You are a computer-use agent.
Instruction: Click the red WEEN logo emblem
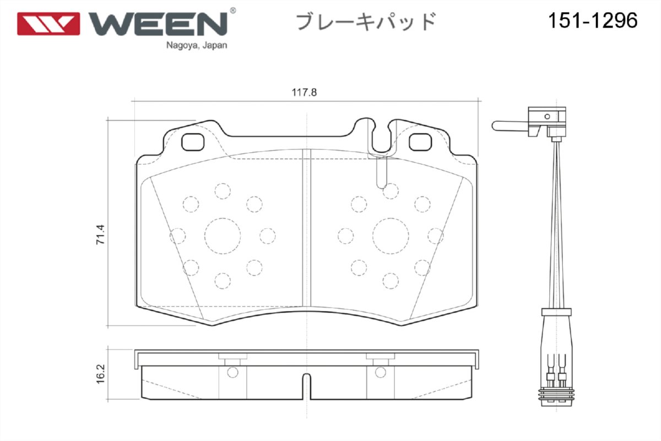[x=48, y=24]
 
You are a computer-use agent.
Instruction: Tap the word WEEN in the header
[x=158, y=23]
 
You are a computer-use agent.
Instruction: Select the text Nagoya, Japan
[x=196, y=46]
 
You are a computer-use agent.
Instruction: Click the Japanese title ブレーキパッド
[x=366, y=21]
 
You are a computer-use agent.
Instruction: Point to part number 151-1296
[x=592, y=21]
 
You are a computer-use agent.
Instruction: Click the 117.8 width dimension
[x=304, y=92]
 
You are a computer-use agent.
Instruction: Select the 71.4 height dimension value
[x=100, y=235]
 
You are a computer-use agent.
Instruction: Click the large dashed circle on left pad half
[x=223, y=236]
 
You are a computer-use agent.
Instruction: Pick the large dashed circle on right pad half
[x=391, y=236]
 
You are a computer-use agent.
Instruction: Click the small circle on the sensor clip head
[x=547, y=116]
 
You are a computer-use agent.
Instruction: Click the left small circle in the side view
[x=232, y=373]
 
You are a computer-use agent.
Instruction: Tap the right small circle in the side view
[x=380, y=373]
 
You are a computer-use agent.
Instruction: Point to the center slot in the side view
[x=306, y=386]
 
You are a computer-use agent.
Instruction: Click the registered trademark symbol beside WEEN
[x=232, y=10]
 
